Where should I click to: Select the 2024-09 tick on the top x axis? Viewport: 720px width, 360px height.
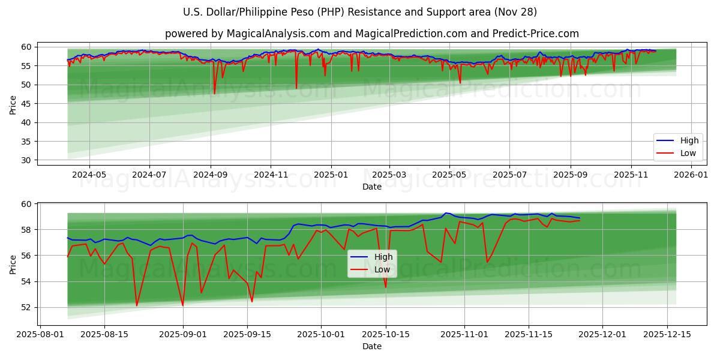pos(211,174)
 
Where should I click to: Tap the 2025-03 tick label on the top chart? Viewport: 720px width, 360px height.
pos(389,174)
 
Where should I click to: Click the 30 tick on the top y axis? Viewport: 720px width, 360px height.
pos(26,160)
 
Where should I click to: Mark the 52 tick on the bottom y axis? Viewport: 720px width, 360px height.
pos(26,307)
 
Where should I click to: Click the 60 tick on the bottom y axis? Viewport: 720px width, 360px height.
pos(26,204)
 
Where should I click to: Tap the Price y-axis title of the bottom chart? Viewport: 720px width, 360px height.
pos(13,264)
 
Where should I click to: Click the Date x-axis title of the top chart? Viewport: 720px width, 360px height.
pos(372,187)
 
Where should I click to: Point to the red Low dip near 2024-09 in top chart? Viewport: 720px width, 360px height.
pos(214,94)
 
